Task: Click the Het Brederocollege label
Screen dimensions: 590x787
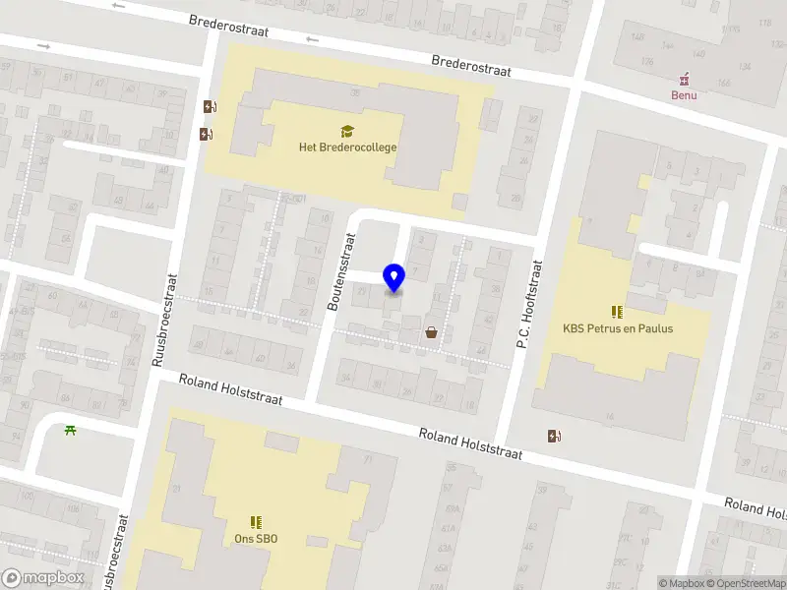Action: (x=347, y=147)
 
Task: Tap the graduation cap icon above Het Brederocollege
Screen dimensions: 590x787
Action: (x=347, y=131)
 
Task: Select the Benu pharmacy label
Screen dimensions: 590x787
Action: (x=684, y=95)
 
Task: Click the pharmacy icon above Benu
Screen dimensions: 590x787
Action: (x=684, y=80)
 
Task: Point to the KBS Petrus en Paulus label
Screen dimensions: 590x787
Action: (x=618, y=328)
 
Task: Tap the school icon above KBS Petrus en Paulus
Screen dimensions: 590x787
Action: (x=617, y=312)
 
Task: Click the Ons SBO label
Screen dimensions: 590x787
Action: (x=256, y=538)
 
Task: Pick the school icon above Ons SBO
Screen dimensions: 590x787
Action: (x=256, y=522)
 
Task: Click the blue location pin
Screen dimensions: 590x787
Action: (x=393, y=277)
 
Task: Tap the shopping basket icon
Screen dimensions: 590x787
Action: (x=431, y=332)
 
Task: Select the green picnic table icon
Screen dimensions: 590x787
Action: (x=70, y=429)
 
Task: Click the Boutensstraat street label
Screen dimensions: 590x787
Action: (x=339, y=272)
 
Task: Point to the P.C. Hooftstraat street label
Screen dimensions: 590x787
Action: (x=530, y=305)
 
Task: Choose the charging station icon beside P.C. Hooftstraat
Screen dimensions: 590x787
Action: (x=555, y=436)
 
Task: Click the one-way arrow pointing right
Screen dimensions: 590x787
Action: (x=43, y=46)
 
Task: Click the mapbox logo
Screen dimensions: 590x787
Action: (x=42, y=577)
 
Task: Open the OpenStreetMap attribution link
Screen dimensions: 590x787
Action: (x=746, y=583)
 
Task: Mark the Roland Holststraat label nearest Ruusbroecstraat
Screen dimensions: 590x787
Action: (x=230, y=388)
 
